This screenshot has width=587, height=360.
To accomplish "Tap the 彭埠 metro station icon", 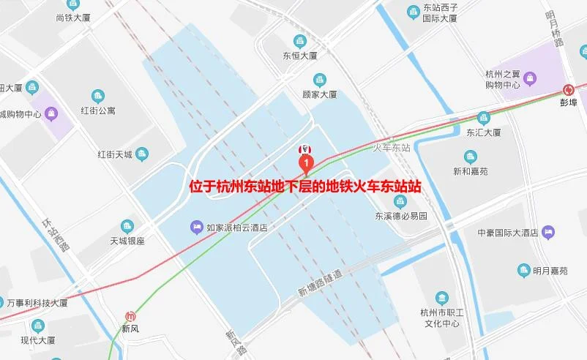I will click(569, 90).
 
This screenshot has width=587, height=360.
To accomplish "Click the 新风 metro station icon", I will click(130, 316).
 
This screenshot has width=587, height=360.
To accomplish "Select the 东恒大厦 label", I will click(300, 55).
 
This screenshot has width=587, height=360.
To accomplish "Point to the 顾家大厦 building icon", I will click(319, 80).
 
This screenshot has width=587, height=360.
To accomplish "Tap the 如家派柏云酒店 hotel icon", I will click(197, 227).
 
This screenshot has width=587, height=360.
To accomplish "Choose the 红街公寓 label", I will click(98, 110).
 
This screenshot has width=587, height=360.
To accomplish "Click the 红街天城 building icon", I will click(142, 154).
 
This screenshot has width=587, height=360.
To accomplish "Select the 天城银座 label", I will click(127, 240).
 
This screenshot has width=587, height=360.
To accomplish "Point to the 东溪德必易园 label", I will click(400, 216).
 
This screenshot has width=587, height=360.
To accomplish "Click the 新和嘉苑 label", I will click(471, 171).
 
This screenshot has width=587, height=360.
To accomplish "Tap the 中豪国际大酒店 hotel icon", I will click(549, 233).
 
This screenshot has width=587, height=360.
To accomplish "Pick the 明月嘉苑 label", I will click(550, 271).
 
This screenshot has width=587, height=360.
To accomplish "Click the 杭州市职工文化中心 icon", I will click(441, 298).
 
